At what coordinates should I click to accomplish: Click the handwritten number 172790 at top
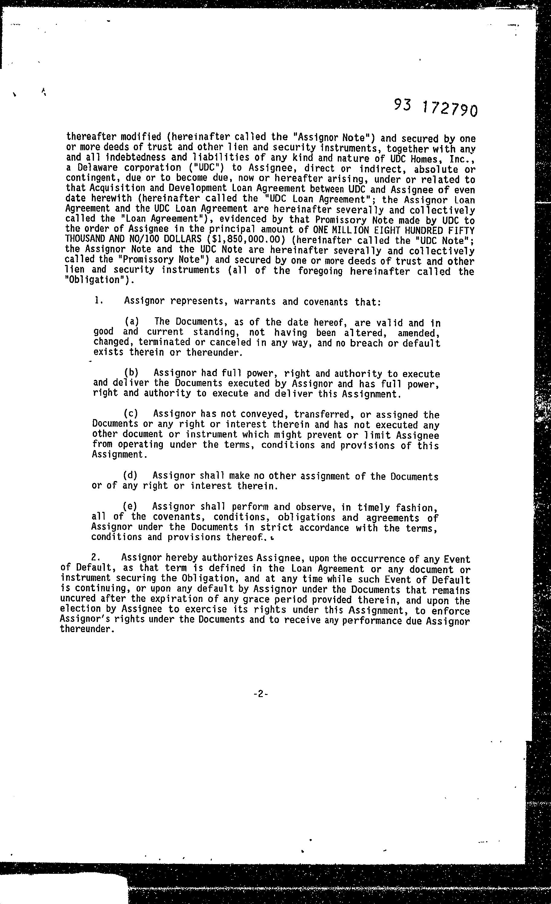pos(449,109)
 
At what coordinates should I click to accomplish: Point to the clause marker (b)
pos(131,372)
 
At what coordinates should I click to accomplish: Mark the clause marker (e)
pos(130,506)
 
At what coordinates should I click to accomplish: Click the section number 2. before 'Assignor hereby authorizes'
pos(96,557)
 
